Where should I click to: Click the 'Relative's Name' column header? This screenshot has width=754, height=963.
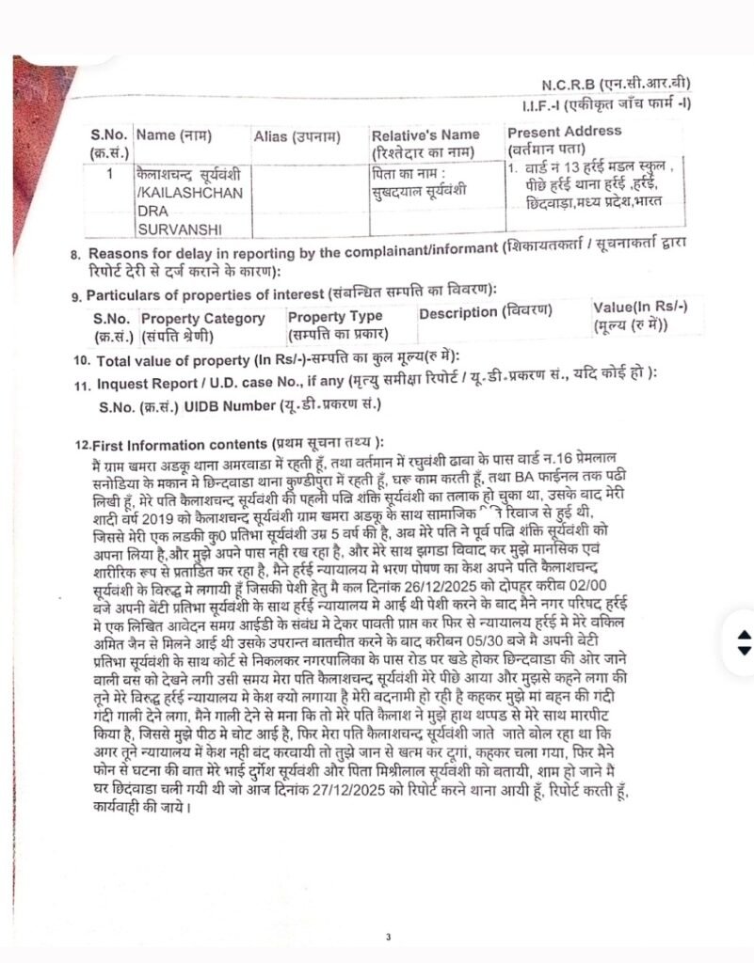[x=425, y=135]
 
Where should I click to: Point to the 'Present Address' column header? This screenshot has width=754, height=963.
[x=563, y=133]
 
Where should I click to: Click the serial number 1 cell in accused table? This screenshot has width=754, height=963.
[x=109, y=174]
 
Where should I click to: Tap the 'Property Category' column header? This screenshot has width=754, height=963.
[x=202, y=319]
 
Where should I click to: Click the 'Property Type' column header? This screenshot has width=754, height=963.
[x=335, y=317]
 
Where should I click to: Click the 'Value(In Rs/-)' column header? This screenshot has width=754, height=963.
[x=640, y=308]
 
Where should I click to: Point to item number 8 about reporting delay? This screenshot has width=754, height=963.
[x=75, y=255]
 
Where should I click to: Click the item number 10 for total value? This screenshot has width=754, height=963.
[x=80, y=361]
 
